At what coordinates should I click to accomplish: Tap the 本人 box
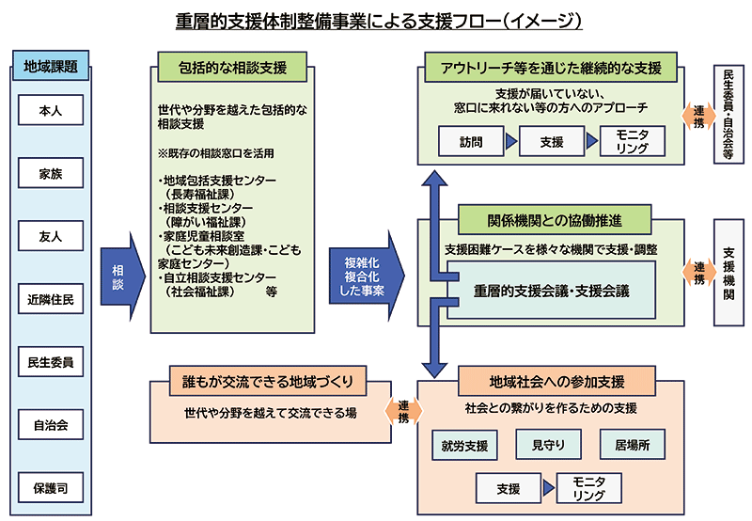coord(51,111)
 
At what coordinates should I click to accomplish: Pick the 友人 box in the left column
coord(51,236)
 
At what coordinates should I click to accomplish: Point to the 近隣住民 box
coord(51,299)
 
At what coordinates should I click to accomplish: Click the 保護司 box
coord(51,488)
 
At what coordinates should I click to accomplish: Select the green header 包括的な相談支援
coord(231,69)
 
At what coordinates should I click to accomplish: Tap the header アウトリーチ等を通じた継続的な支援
coord(552,69)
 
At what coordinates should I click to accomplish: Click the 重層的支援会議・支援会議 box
coord(551,290)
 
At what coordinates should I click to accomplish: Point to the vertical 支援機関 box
coord(728,274)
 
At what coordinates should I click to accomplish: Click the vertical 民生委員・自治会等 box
coord(728,115)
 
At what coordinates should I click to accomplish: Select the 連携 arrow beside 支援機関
coord(697,273)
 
